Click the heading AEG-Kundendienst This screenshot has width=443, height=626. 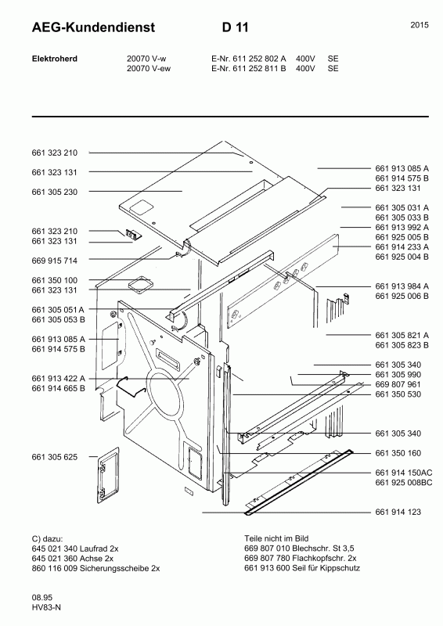[93, 27]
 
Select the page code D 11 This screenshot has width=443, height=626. [236, 27]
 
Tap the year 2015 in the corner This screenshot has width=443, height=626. [420, 25]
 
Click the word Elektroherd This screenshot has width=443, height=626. [55, 59]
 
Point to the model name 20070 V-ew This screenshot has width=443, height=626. [149, 69]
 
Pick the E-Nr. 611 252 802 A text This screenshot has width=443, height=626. [248, 59]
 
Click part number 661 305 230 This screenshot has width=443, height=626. [54, 192]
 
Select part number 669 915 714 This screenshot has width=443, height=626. [54, 261]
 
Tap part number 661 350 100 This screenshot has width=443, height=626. [54, 280]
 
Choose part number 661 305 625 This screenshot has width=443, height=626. [54, 457]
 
